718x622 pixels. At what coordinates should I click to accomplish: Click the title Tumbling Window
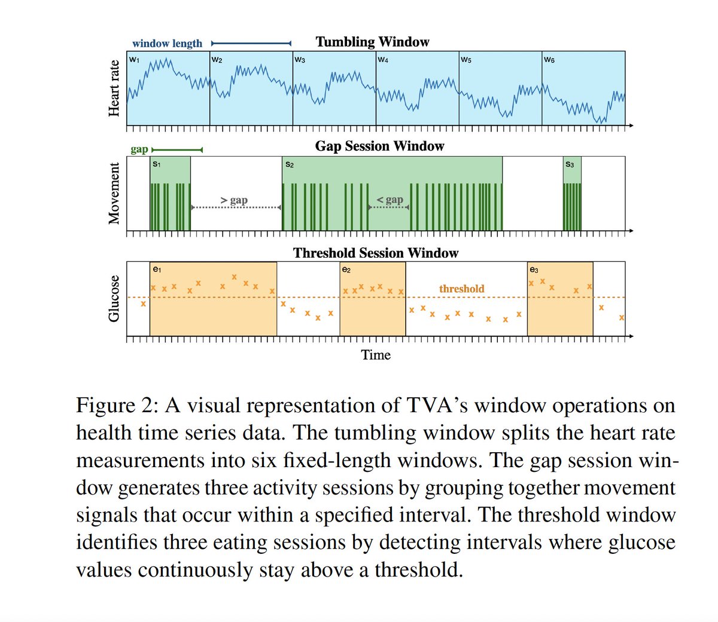(372, 42)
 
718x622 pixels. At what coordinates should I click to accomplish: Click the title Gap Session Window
(379, 147)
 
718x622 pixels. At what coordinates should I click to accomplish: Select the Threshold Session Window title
(376, 253)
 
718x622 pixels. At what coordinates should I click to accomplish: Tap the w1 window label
(134, 60)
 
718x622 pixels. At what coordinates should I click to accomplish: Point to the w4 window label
(383, 60)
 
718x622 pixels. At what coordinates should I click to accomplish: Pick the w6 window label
(549, 60)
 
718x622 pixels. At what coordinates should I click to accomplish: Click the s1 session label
(157, 164)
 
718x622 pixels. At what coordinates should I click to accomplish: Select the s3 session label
(570, 164)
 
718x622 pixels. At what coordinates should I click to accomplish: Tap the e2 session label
(346, 270)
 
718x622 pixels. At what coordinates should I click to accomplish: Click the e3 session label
(534, 270)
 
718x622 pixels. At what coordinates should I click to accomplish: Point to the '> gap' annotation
(234, 200)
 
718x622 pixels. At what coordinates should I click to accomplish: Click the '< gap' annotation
(390, 200)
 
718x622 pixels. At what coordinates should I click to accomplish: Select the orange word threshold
(461, 289)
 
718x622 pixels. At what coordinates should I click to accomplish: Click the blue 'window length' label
(167, 43)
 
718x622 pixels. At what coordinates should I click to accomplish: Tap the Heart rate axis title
(114, 89)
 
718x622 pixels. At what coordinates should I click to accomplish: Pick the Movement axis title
(114, 194)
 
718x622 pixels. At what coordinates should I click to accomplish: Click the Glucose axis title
(114, 298)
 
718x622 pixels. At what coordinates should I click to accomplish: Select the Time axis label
(376, 355)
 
